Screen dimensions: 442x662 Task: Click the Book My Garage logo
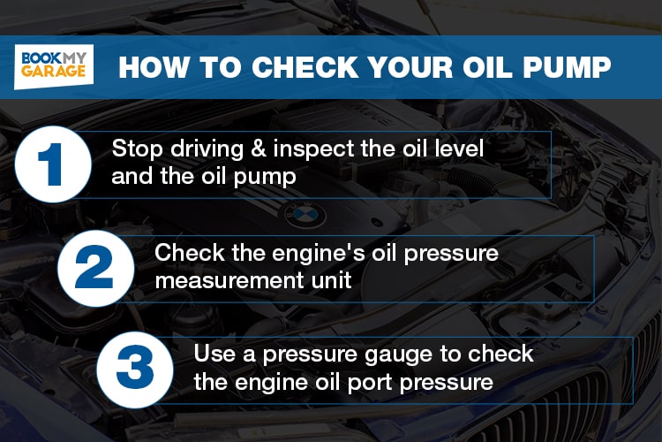[x=54, y=66]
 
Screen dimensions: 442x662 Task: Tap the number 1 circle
[x=53, y=164]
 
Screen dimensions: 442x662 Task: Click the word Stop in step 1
[x=134, y=149]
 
